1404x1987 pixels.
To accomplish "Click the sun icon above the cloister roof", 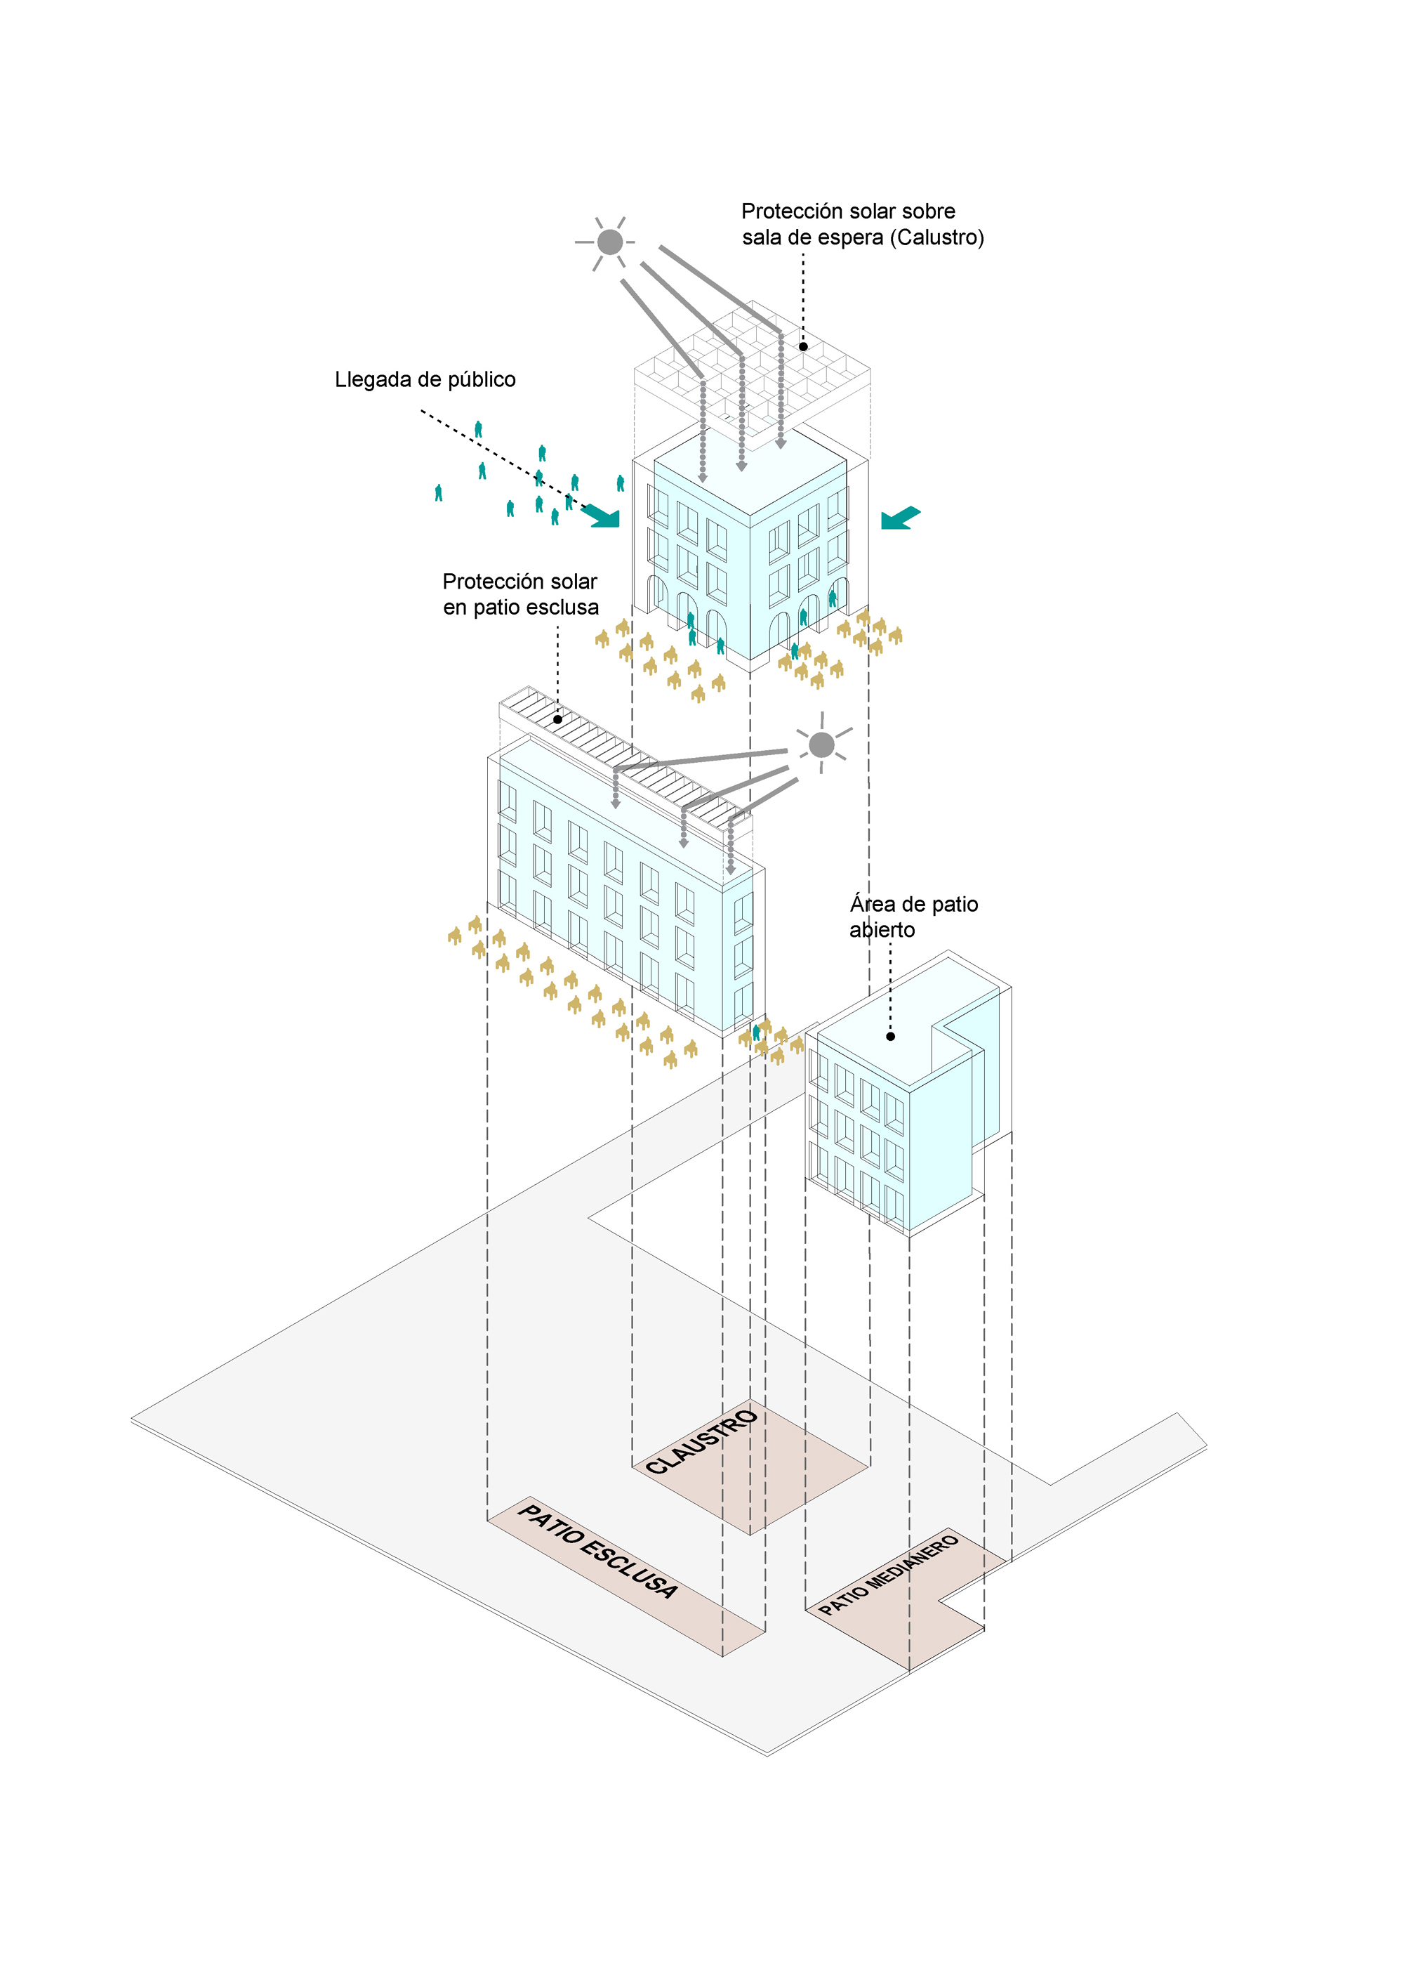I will pos(610,242).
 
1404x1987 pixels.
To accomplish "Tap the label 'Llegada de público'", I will pos(425,380).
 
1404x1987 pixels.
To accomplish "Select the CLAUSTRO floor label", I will pos(703,1442).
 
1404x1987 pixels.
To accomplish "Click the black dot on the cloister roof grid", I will pos(803,346).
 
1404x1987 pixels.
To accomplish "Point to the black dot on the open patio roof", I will pos(890,1036).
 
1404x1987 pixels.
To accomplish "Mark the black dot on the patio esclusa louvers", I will pos(558,719).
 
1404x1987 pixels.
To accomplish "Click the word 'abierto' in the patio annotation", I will pos(882,931).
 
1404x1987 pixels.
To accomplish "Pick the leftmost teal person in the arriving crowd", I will pos(439,492).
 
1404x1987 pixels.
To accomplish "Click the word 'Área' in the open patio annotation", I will pos(872,905).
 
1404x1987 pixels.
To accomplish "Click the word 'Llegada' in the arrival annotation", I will pos(373,380).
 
